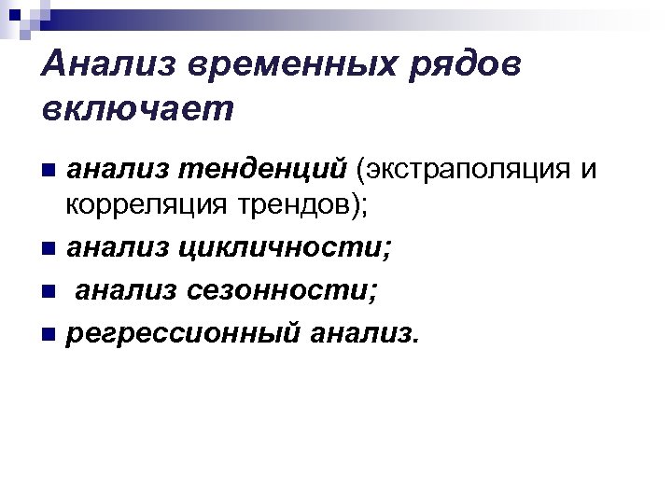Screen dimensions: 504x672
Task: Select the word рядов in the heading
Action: point(472,66)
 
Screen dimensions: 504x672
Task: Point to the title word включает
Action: point(136,110)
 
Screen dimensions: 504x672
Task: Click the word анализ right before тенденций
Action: point(117,169)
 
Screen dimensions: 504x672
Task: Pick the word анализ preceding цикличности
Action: point(117,249)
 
